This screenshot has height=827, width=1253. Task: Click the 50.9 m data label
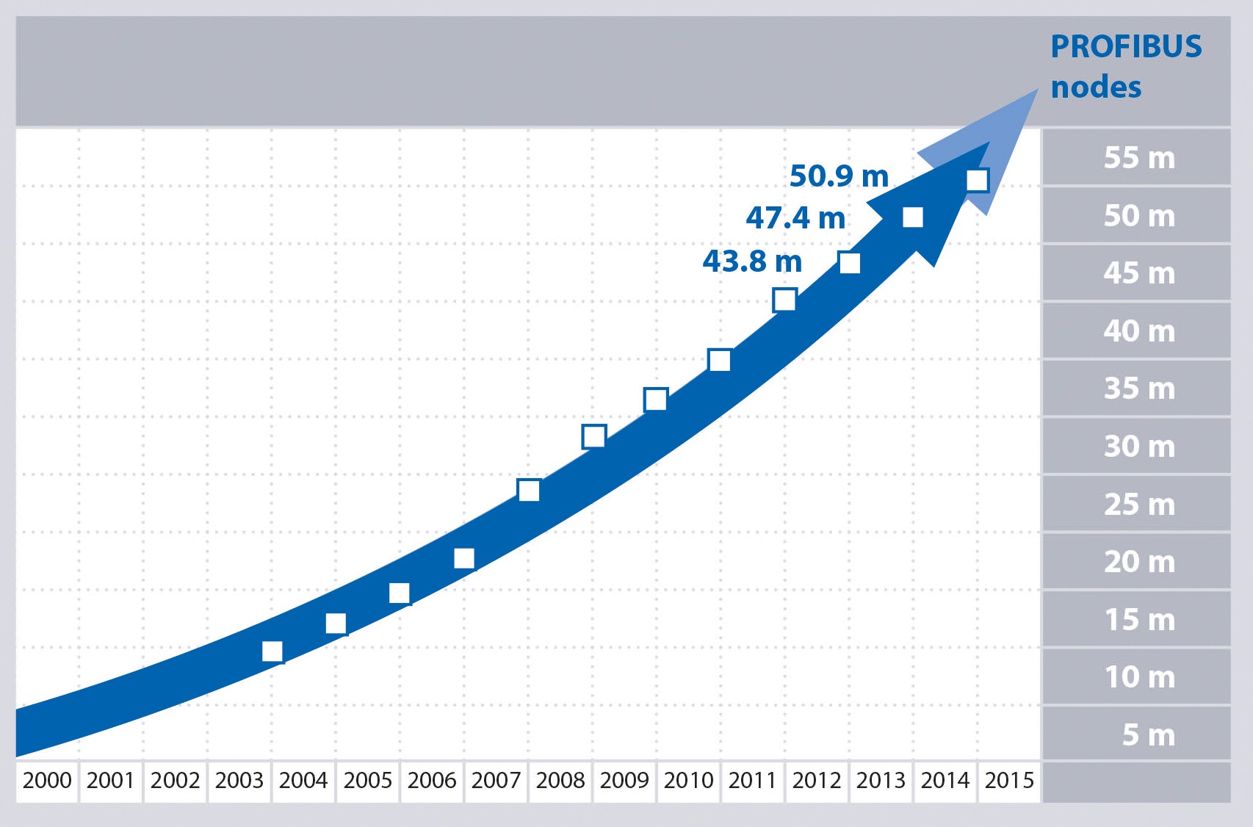tap(839, 176)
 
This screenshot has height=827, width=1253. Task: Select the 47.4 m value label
tap(795, 218)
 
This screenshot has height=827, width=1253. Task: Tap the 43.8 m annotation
tap(752, 261)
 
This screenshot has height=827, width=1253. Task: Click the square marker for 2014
tap(978, 180)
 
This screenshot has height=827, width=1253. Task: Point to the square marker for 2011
tap(784, 300)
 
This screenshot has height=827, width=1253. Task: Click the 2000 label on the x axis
tap(47, 780)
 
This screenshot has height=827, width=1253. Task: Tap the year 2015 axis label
tap(1009, 780)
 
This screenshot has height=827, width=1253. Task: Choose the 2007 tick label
tap(496, 780)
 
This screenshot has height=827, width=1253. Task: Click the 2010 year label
tap(688, 780)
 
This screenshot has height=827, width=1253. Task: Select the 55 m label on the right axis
tap(1139, 158)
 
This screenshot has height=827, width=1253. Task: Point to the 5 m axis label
tap(1148, 735)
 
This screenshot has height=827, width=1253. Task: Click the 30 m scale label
tap(1139, 447)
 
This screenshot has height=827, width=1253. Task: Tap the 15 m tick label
tap(1139, 620)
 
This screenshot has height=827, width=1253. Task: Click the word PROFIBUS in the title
tap(1126, 47)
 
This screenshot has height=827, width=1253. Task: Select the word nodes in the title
tap(1096, 87)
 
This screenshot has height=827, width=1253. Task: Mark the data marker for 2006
tap(464, 558)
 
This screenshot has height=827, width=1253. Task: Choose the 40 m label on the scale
tap(1139, 331)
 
